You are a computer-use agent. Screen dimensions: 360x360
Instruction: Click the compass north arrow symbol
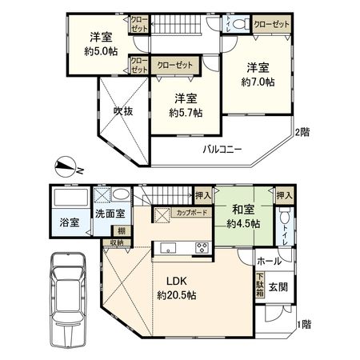coord(66,166)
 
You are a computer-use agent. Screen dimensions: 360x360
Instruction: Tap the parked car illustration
coord(69,300)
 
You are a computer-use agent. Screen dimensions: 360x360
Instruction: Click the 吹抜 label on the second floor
coord(123,111)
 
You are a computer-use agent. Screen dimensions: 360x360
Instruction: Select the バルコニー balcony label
coord(222,150)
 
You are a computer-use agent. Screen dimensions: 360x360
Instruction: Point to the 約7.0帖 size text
coord(258,82)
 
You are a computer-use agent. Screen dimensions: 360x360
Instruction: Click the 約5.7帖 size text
coord(186,113)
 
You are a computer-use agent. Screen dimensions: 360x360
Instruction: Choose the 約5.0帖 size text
coord(101,51)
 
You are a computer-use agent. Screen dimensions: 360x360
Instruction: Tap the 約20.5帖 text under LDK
coord(177,295)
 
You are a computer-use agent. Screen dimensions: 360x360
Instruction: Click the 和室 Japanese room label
coord(243,210)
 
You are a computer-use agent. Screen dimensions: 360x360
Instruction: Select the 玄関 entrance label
coord(278,287)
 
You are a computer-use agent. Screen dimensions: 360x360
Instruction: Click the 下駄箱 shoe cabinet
coord(260,285)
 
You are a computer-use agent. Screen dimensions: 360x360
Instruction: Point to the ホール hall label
coord(270,262)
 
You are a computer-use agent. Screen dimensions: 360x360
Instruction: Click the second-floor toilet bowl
coord(239,23)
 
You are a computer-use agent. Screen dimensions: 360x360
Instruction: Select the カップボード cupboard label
coord(192,213)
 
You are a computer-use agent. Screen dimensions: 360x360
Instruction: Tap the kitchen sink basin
coord(168,248)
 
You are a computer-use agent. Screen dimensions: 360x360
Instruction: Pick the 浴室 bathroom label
coord(70,222)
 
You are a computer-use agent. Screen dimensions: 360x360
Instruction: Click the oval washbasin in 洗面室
coord(121,195)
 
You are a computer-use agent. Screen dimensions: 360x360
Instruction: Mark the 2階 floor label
coord(302,132)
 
